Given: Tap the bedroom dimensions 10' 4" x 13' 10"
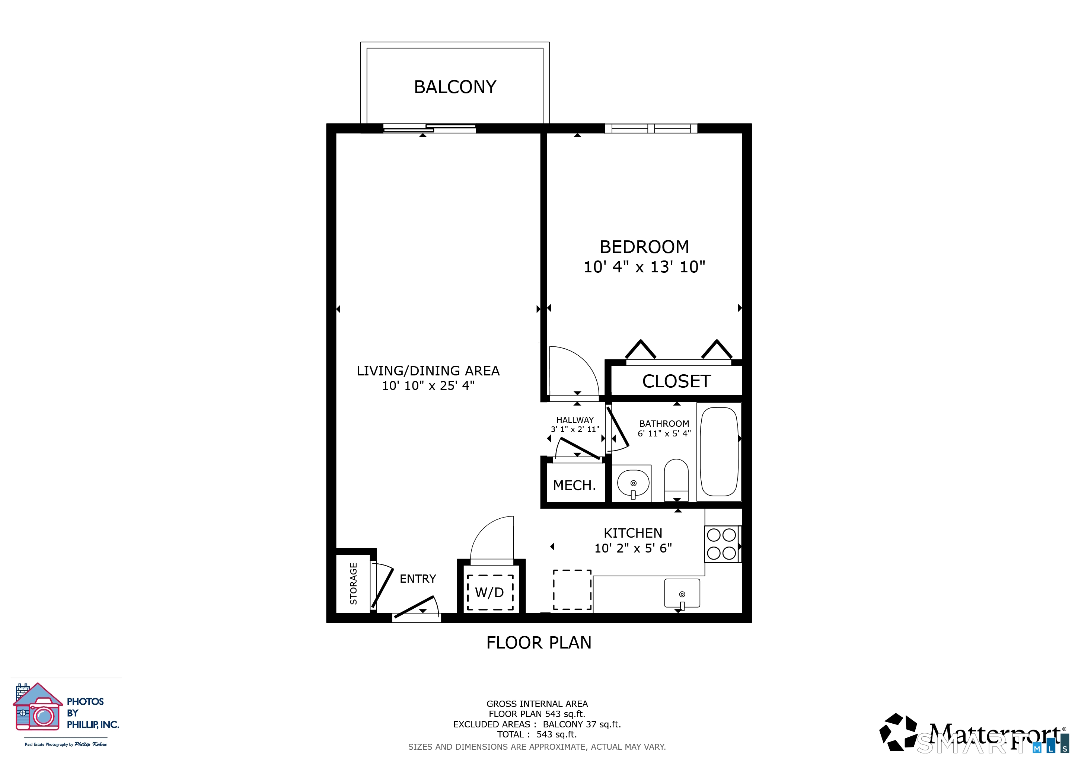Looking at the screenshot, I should [x=644, y=267].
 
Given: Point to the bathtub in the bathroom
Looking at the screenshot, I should [x=719, y=451].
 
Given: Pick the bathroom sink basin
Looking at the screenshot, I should [x=633, y=483].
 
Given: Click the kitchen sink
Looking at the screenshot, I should [x=682, y=593].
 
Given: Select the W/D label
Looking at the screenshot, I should [x=489, y=593].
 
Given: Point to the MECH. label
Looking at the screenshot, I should [x=574, y=485].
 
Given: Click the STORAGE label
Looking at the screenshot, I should [x=354, y=583].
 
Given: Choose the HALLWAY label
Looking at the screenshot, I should [x=575, y=420].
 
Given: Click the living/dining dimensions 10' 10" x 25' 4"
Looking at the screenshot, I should [x=428, y=386].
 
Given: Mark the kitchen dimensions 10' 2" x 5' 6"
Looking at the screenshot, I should [x=633, y=548].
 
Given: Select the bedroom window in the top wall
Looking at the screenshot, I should [x=651, y=128].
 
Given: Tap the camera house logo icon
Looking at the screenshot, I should [x=38, y=707].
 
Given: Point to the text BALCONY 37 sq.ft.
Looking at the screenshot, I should [x=582, y=724].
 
